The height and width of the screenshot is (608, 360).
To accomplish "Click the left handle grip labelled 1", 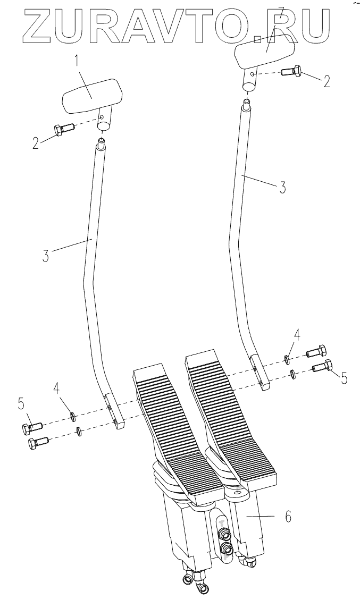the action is pos(90,96).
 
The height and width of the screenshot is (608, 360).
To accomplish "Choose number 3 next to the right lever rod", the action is pos(282,187).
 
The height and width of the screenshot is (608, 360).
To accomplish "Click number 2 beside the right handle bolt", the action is pos(326,81).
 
